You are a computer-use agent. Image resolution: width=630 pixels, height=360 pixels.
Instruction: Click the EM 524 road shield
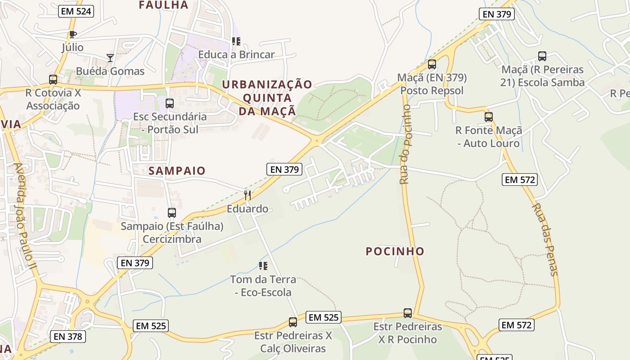click(76, 11)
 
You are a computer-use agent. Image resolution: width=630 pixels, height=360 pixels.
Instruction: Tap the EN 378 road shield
click(67, 336)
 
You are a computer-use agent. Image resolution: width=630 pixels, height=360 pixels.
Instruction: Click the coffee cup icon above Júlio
click(72, 35)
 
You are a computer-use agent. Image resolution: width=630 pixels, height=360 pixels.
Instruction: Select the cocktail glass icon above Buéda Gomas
click(110, 58)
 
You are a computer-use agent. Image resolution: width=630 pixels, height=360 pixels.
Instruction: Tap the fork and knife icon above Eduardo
click(247, 195)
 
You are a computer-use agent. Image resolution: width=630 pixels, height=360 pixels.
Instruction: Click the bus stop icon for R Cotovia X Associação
click(53, 80)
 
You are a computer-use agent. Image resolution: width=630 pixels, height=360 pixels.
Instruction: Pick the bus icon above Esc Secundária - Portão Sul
click(170, 103)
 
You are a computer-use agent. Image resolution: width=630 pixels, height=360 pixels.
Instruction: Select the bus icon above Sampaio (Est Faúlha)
click(172, 213)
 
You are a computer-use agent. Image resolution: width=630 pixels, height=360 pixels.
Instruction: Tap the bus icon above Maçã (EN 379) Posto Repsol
click(432, 64)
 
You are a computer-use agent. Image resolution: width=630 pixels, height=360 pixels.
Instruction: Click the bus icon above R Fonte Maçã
click(489, 117)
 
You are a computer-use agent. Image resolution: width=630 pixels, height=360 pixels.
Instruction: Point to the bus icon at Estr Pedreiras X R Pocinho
click(408, 313)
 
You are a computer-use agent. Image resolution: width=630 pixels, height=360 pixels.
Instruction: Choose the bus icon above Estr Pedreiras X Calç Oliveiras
click(293, 322)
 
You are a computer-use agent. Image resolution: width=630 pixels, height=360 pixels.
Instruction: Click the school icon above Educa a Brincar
click(236, 41)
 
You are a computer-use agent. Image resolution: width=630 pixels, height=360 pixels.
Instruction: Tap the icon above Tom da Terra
click(263, 266)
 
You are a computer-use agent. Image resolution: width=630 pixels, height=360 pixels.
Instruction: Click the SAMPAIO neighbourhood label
click(177, 171)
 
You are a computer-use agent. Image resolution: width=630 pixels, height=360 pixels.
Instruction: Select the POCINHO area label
click(395, 251)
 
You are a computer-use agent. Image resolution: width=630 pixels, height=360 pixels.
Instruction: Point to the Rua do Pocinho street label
click(405, 144)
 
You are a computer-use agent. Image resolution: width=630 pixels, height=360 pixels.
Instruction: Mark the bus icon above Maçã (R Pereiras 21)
click(542, 56)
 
